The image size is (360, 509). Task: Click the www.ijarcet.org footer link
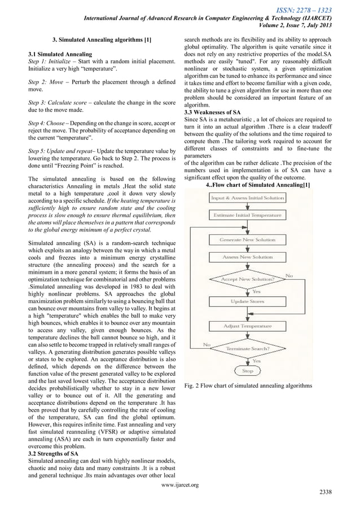(x=179, y=484)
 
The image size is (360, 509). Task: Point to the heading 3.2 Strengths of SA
(x=54, y=454)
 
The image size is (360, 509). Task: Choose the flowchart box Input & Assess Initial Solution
(x=247, y=198)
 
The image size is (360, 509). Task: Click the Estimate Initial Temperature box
(x=247, y=216)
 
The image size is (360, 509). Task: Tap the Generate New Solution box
(x=247, y=240)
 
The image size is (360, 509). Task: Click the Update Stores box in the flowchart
(x=247, y=301)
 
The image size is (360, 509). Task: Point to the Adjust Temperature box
(x=247, y=326)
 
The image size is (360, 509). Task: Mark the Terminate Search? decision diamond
(x=247, y=349)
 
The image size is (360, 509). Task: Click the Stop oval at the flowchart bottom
(x=247, y=371)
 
